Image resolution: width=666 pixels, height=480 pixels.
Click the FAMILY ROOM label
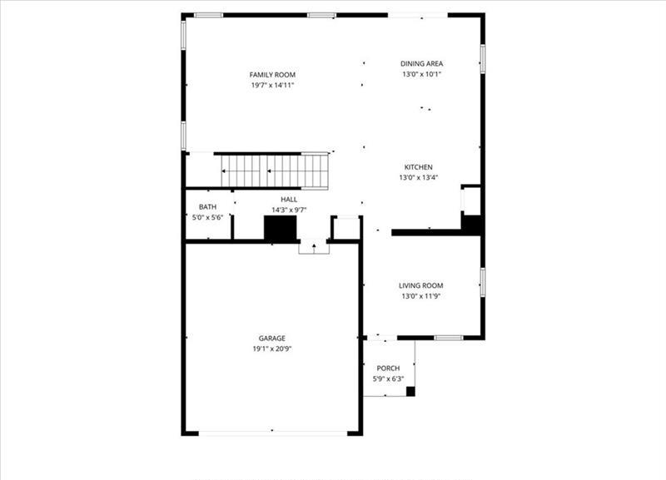pyautogui.click(x=272, y=75)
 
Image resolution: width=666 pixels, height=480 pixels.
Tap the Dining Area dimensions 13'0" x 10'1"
pyautogui.click(x=422, y=74)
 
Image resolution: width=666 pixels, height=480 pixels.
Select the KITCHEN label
pyautogui.click(x=419, y=167)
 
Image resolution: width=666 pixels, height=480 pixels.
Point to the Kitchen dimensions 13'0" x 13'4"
pyautogui.click(x=419, y=178)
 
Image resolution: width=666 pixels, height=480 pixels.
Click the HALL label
pyautogui.click(x=289, y=200)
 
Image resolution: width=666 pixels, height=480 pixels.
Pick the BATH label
pyautogui.click(x=207, y=207)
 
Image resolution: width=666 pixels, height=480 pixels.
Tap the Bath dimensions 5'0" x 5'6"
pyautogui.click(x=207, y=218)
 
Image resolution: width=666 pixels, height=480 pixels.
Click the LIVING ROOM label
pyautogui.click(x=421, y=285)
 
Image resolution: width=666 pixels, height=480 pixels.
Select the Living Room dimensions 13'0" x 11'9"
pyautogui.click(x=421, y=296)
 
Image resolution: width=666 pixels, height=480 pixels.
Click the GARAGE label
pyautogui.click(x=272, y=339)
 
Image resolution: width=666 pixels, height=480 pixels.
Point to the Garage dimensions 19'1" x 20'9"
pyautogui.click(x=272, y=349)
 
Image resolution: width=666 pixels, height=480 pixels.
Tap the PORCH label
pyautogui.click(x=388, y=369)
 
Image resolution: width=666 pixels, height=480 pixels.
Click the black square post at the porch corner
pyautogui.click(x=410, y=391)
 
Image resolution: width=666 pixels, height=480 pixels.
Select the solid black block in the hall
pyautogui.click(x=281, y=229)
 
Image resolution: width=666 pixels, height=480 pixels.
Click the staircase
pyautogui.click(x=275, y=171)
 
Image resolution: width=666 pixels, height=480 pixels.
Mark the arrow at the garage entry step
pyautogui.click(x=314, y=248)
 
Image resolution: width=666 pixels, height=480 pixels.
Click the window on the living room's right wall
pyautogui.click(x=483, y=282)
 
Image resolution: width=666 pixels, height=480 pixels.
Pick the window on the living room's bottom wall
pyautogui.click(x=449, y=338)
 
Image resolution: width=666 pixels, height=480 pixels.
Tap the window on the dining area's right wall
pyautogui.click(x=483, y=58)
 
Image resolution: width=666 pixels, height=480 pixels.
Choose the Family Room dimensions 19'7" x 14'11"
pyautogui.click(x=272, y=86)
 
